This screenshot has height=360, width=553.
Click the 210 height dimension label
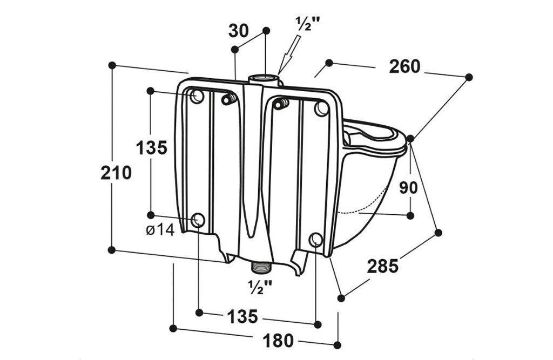116,173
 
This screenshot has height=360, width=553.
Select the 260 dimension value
404,66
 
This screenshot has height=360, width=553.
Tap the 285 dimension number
383,266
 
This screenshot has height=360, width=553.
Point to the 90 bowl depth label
408,188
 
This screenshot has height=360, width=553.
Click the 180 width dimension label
278,341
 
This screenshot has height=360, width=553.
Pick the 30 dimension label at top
239,31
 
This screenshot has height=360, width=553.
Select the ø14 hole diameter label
160,230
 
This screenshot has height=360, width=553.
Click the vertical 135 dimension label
152,148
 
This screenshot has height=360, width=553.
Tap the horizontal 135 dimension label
242,316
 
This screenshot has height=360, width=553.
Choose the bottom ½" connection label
260,287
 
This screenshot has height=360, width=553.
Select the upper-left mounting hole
197,96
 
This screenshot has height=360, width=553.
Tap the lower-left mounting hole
198,220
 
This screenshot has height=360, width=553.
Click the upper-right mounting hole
321,108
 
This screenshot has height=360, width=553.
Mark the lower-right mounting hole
315,240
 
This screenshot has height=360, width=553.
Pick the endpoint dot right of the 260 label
469,77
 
